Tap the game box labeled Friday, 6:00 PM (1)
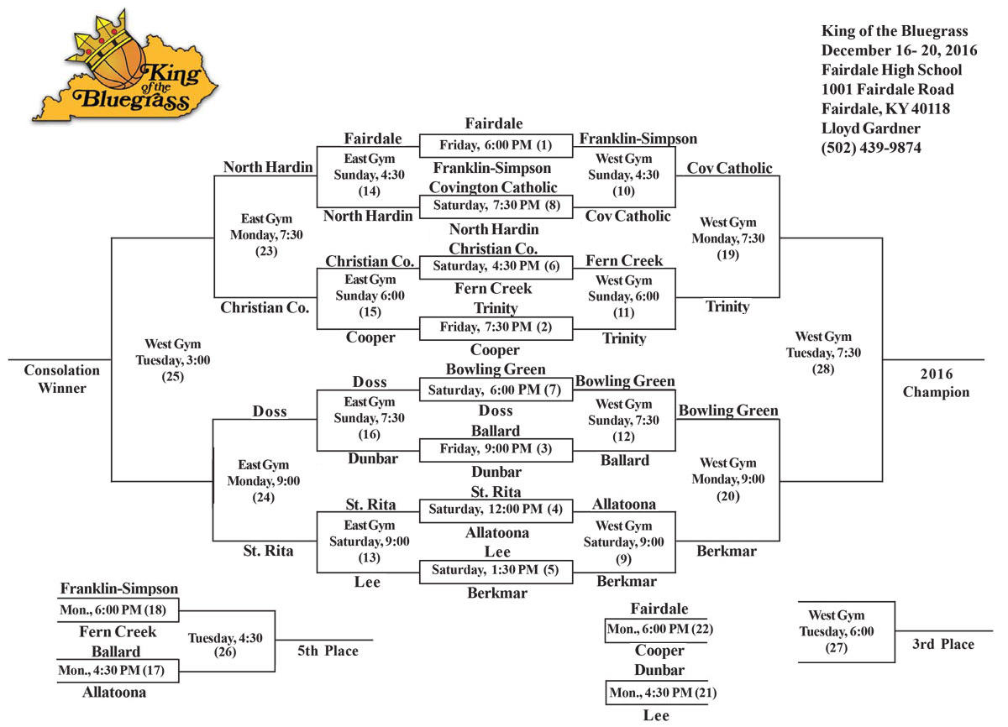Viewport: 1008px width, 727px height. pos(496,145)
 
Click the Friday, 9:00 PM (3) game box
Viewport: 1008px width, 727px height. pos(496,449)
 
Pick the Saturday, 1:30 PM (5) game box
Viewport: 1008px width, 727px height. pos(496,571)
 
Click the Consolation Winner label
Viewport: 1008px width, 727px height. pos(61,379)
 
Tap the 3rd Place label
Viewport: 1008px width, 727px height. pos(943,645)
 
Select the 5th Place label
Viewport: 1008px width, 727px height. pos(328,651)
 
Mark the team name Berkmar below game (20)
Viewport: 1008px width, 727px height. pos(727,552)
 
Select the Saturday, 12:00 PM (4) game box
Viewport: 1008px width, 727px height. pos(496,510)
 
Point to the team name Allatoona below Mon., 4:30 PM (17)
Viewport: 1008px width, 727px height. pos(114,693)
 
